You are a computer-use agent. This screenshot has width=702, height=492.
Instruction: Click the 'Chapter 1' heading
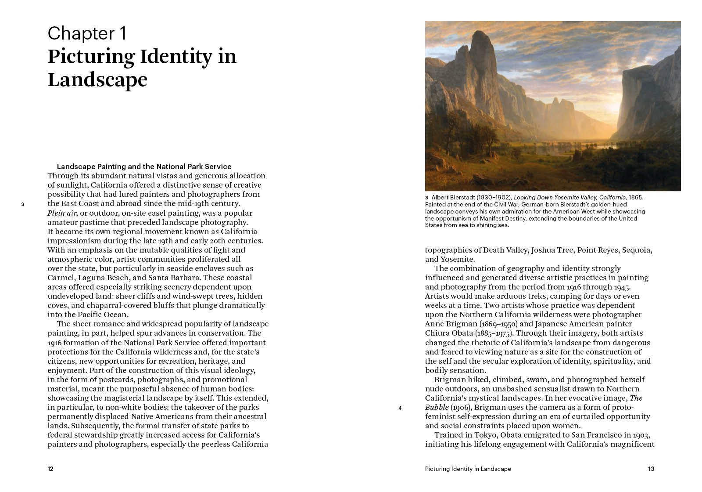coord(87,33)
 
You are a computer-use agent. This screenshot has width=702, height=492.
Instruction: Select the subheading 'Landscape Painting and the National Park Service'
coord(144,166)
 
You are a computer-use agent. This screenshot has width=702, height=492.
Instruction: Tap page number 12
coord(50,469)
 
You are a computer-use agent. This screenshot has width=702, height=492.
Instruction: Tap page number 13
coord(651,469)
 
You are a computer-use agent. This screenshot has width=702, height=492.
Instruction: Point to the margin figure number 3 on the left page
coord(22,204)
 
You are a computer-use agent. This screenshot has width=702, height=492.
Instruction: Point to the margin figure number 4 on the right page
coord(400,408)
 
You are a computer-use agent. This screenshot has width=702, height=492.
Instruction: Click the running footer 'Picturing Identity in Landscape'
coord(468,469)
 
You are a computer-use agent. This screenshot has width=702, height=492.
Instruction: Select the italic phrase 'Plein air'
coord(62,213)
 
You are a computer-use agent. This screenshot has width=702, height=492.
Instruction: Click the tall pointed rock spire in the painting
coord(481,57)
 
